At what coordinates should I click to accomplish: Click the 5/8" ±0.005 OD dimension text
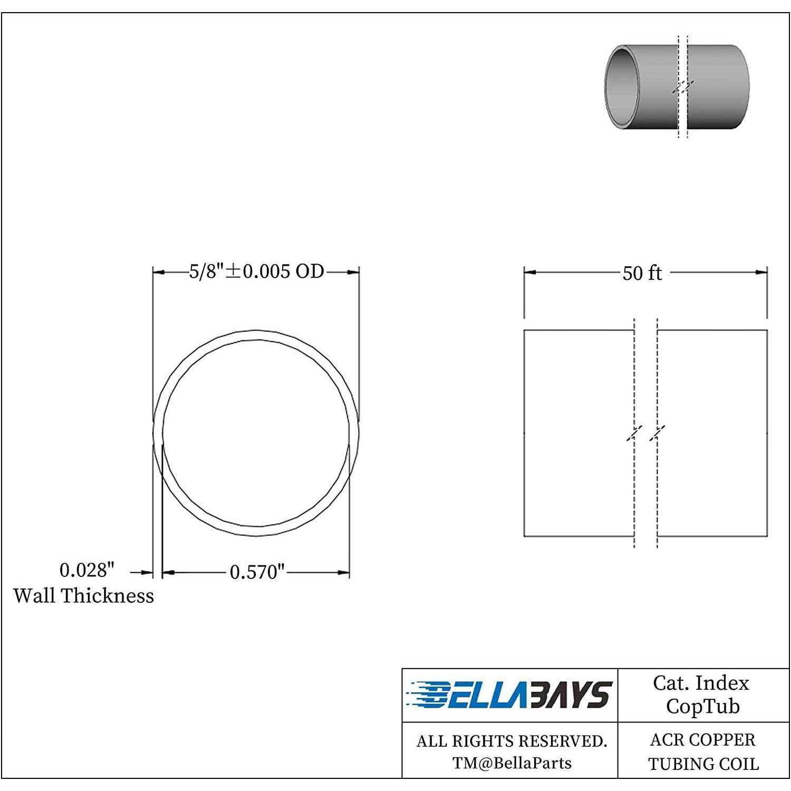(256, 271)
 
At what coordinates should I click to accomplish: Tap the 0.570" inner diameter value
(257, 572)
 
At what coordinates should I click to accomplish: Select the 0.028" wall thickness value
(86, 570)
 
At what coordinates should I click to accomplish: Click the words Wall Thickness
(84, 596)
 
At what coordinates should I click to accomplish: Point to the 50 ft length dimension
(642, 273)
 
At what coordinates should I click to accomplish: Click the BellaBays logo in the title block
(509, 695)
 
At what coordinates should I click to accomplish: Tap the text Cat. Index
(701, 683)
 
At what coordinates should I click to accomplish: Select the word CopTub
(703, 707)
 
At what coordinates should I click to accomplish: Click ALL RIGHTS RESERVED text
(512, 741)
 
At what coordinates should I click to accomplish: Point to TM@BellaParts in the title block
(512, 763)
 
